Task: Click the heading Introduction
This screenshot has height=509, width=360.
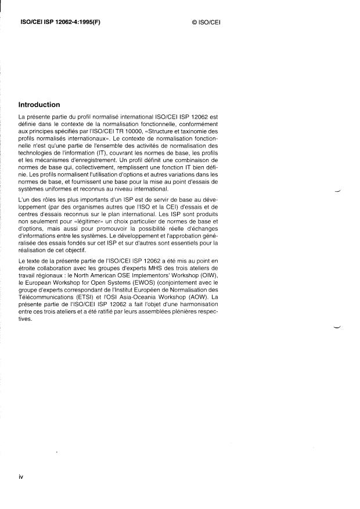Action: [x=39, y=105]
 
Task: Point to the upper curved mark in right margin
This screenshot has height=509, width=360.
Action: [x=337, y=189]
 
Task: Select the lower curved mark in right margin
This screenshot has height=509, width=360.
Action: [x=337, y=328]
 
